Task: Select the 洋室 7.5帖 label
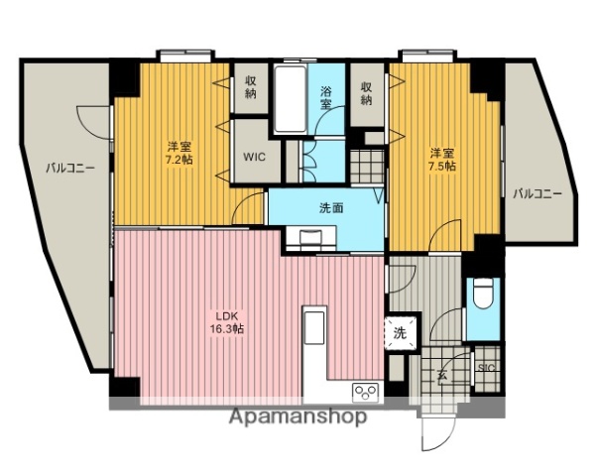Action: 442,160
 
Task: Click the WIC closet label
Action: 253,156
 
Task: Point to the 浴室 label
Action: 326,98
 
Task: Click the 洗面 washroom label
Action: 331,208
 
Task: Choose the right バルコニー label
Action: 536,193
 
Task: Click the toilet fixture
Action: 483,296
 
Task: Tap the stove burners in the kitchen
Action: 365,391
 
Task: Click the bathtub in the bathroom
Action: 290,99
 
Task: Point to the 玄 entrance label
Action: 439,375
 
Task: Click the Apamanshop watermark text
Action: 297,416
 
